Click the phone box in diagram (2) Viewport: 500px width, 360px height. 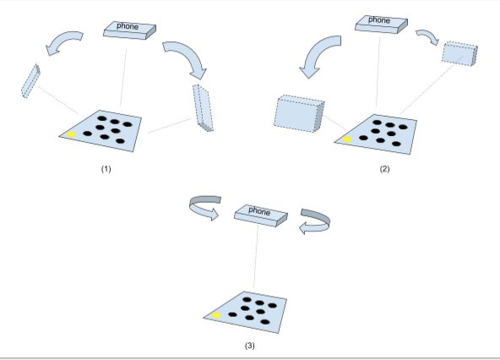pyautogui.click(x=379, y=22)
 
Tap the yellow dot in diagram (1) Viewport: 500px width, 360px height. pyautogui.click(x=72, y=134)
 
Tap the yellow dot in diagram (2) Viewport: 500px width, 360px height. pyautogui.click(x=346, y=139)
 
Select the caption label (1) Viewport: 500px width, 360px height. pyautogui.click(x=106, y=168)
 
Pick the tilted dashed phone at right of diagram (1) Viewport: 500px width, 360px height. pyautogui.click(x=203, y=106)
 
